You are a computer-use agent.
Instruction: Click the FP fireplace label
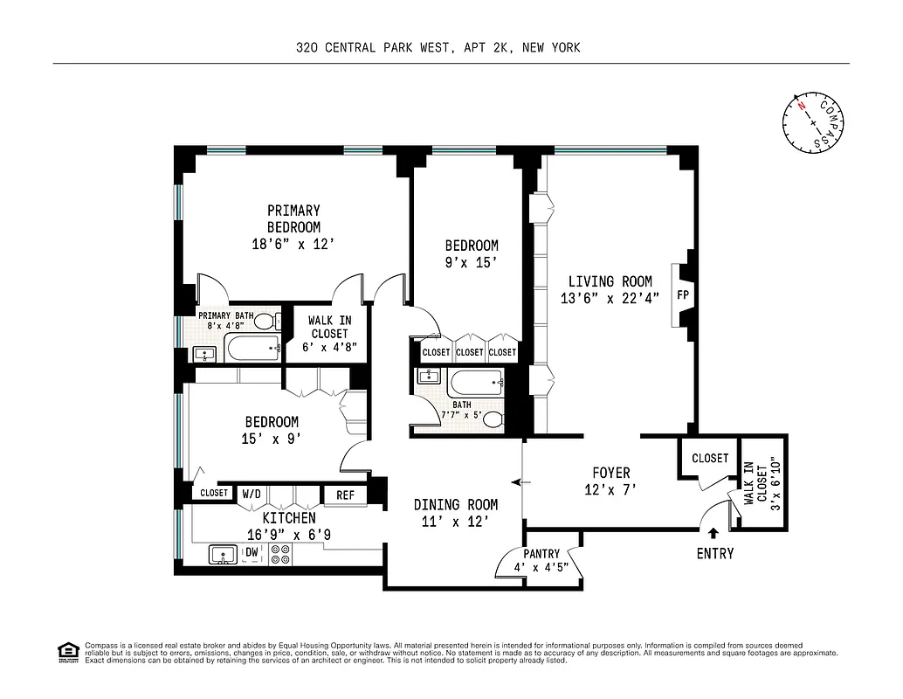(683, 295)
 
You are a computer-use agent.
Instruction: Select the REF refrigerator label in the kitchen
(345, 495)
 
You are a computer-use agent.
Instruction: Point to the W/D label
(252, 494)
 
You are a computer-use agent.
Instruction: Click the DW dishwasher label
(252, 552)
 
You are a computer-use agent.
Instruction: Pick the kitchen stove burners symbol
(280, 553)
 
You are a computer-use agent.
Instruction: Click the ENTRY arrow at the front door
(713, 531)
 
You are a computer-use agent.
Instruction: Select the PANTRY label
(541, 555)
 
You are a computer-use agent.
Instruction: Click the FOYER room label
(610, 474)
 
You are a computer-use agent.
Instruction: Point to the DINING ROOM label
(456, 504)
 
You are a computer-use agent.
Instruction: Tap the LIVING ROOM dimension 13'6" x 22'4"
(610, 298)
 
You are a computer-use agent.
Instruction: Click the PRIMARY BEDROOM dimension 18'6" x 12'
(293, 245)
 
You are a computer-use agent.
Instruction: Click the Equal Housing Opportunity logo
(67, 652)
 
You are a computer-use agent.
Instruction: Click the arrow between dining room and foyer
(515, 481)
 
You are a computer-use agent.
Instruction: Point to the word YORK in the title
(563, 48)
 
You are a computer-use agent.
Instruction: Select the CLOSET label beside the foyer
(710, 459)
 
